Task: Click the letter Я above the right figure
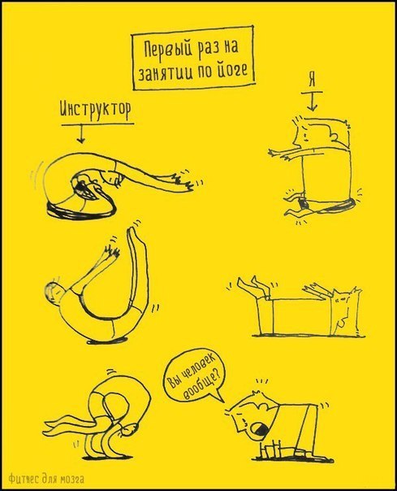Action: point(312,80)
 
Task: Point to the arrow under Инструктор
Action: point(80,133)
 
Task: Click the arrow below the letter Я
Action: point(313,101)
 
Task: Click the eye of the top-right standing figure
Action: point(304,136)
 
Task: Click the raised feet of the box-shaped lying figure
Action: point(250,285)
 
